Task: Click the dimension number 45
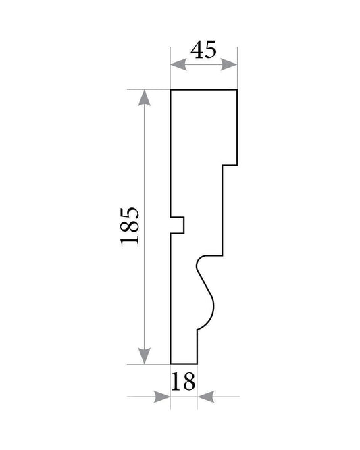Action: pos(203,49)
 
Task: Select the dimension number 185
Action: pos(130,226)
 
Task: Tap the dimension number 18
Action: pos(183,381)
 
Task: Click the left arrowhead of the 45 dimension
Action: pos(178,64)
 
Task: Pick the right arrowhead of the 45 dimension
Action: pos(229,64)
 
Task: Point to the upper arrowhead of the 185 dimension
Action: pos(145,98)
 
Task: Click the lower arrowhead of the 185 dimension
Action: pos(145,356)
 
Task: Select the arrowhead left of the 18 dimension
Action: pos(162,397)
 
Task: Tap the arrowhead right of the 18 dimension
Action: pos(206,397)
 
